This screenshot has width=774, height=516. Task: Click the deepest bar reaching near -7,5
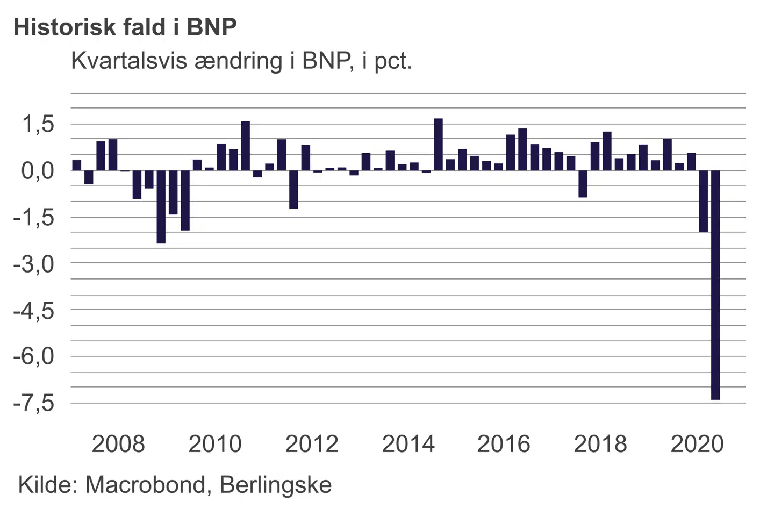pos(715,285)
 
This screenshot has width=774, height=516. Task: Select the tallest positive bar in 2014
pos(438,145)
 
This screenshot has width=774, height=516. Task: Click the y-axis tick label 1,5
pos(38,124)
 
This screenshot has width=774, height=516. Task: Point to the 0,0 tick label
pos(38,171)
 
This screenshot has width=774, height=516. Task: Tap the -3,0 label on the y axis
pos(34,264)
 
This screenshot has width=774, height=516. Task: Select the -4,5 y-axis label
pos(34,311)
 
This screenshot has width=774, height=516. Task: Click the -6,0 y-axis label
pos(34,356)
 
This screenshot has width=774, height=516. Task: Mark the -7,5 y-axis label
pos(34,403)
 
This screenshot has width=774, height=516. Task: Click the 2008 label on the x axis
pos(118,444)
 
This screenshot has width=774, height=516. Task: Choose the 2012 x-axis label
pos(312,444)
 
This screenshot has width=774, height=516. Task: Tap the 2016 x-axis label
pos(504,444)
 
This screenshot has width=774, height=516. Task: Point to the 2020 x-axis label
pos(697,444)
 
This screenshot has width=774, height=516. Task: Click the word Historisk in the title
pos(61,27)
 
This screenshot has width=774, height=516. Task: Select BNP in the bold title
pos(212,27)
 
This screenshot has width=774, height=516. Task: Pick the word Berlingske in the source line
pos(276,485)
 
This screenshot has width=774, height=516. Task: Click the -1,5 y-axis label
pos(34,218)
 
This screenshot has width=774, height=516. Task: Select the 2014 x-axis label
pos(408,444)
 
